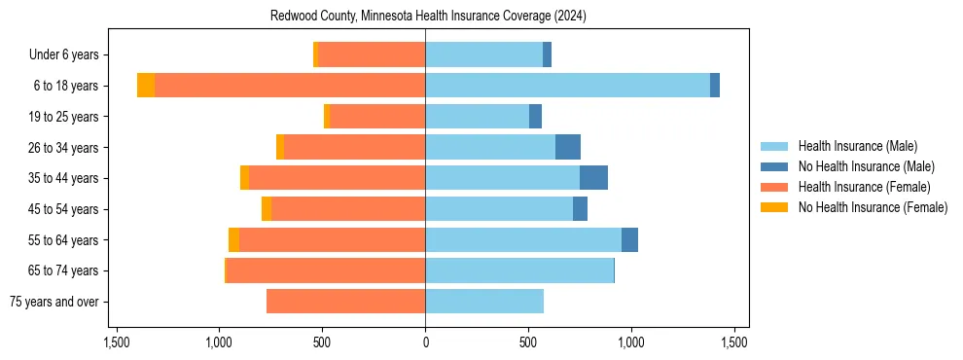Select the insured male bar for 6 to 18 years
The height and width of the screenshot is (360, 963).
point(567,86)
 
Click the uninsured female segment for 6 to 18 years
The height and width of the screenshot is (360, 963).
point(146,86)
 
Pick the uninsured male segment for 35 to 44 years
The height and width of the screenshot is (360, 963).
point(593,178)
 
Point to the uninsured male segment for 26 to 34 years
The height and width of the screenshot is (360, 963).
point(568,147)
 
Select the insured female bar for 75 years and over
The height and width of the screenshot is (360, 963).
point(345,302)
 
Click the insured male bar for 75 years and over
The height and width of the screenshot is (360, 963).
point(484,302)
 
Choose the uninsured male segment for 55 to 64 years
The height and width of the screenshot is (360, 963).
point(629,239)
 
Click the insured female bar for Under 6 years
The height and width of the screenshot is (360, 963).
point(372,54)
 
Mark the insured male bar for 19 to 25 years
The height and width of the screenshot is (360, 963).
point(477,117)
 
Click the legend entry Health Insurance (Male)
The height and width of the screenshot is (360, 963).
point(857,146)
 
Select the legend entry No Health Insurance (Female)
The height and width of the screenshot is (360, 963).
point(873,207)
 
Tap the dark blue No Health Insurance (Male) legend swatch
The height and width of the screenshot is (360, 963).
point(774,166)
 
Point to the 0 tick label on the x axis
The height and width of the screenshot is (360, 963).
point(425,342)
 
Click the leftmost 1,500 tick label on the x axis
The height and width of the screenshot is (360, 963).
point(116,342)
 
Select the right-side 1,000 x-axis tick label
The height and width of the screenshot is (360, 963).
point(631,342)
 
